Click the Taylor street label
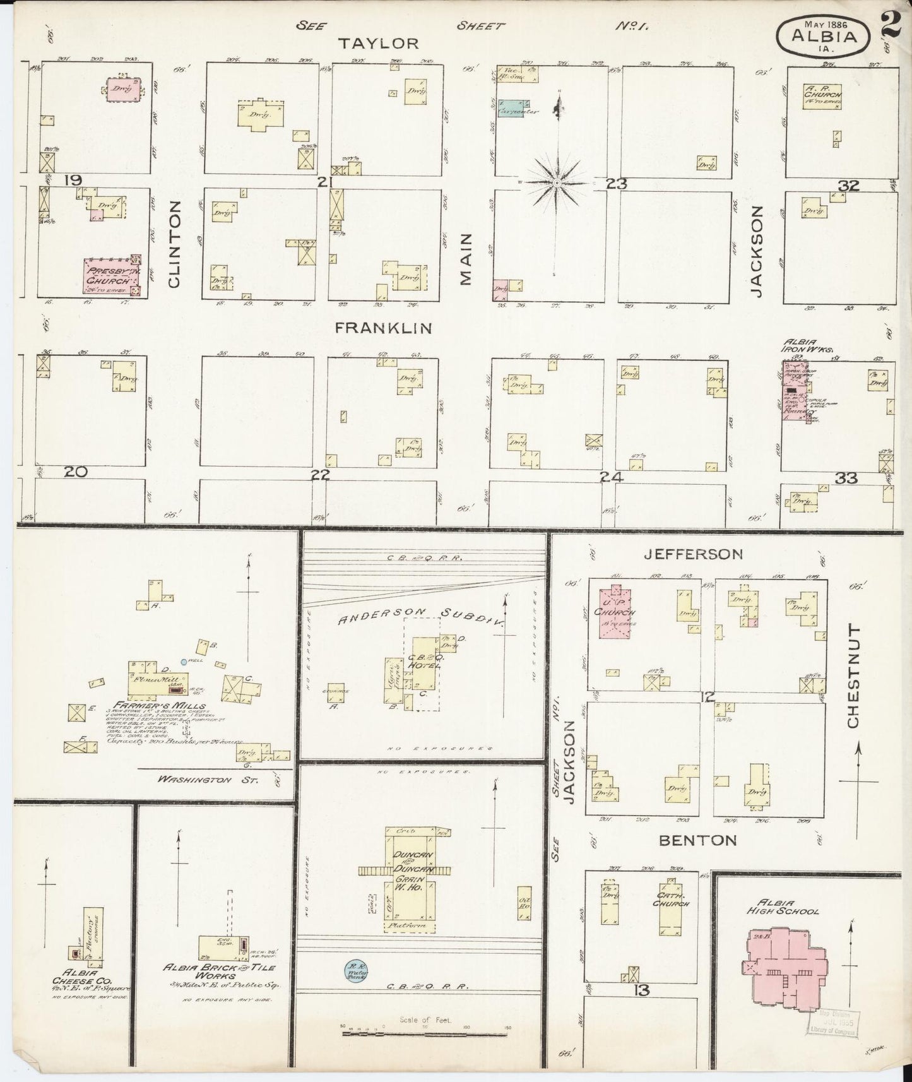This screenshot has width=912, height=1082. click(x=378, y=43)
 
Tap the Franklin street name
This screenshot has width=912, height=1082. click(x=383, y=328)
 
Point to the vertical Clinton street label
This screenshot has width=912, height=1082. click(x=175, y=244)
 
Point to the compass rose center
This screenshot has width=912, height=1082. click(x=557, y=183)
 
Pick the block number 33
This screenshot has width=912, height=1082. click(x=846, y=479)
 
